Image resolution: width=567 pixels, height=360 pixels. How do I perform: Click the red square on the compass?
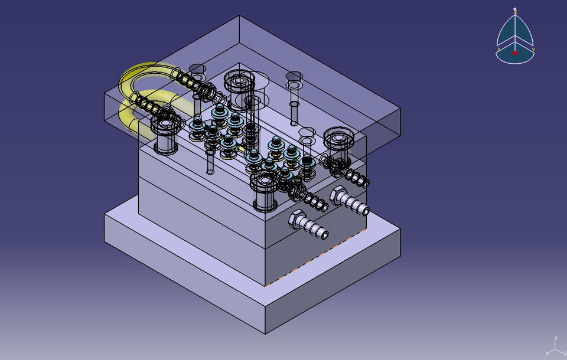(x=514, y=53)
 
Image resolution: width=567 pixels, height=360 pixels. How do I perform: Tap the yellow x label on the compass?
(x=498, y=50)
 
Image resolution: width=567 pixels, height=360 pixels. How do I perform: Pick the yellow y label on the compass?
(x=533, y=50)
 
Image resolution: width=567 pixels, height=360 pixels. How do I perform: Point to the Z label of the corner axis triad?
(x=556, y=338)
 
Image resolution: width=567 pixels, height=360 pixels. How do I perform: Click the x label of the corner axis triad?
(x=548, y=352)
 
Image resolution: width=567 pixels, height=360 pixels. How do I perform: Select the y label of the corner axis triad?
(x=563, y=352)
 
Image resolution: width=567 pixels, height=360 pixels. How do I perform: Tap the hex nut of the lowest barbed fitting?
(x=295, y=220)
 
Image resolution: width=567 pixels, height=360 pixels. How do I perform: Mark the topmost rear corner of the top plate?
(x=239, y=16)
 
